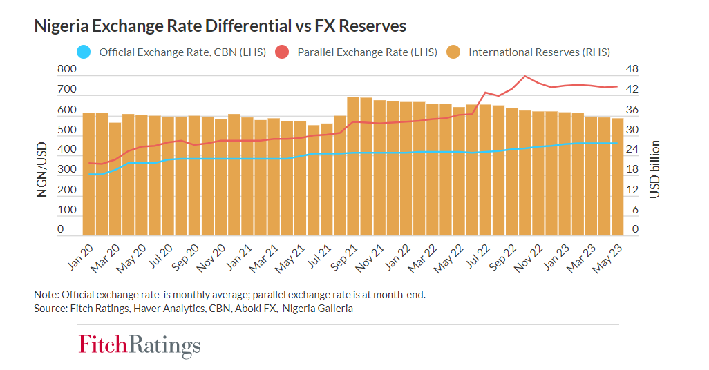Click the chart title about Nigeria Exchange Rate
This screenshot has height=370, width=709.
(220, 26)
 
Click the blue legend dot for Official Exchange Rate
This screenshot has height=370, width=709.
(82, 52)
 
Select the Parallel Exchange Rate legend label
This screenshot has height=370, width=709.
(367, 52)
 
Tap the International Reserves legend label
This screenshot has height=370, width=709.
(539, 52)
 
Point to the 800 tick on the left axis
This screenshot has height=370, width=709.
(66, 70)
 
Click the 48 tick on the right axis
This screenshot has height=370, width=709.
(632, 70)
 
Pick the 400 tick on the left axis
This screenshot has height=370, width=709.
(66, 149)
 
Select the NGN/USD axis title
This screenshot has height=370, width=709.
(42, 170)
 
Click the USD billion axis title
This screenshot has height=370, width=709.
(654, 169)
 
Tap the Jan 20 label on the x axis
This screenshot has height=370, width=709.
(81, 257)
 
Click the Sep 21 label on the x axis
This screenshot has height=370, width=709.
(346, 257)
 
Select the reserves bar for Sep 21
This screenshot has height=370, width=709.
(352, 166)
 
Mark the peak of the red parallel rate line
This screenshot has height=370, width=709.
(525, 76)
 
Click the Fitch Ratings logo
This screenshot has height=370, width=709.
(140, 344)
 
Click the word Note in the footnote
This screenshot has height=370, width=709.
(46, 295)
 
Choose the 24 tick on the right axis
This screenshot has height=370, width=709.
(632, 149)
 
